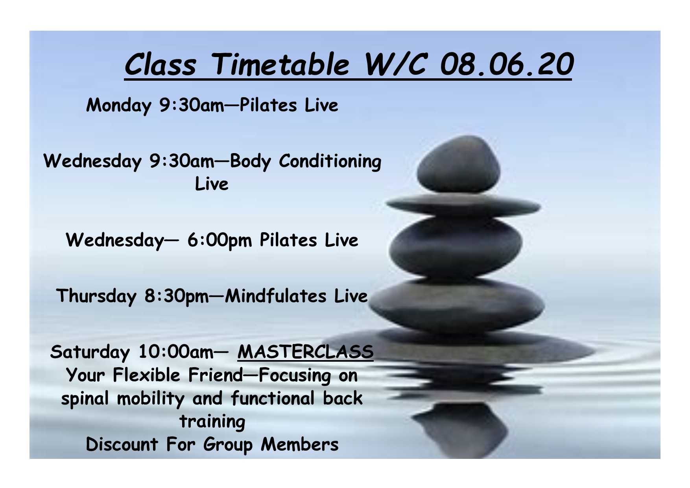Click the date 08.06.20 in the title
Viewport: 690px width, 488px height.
point(506,64)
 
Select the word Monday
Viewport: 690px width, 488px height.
point(119,105)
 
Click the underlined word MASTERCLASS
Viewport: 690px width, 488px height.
point(305,351)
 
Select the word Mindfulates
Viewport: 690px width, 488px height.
point(276,296)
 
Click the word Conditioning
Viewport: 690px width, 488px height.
point(330,162)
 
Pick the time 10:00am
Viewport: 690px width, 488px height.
point(176,352)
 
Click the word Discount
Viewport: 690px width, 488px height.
point(122,445)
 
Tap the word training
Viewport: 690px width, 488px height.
point(212,422)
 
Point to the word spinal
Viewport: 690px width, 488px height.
point(85,399)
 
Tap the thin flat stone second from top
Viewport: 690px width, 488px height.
point(463,205)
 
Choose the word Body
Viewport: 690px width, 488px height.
point(250,162)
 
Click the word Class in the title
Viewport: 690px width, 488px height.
point(160,64)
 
